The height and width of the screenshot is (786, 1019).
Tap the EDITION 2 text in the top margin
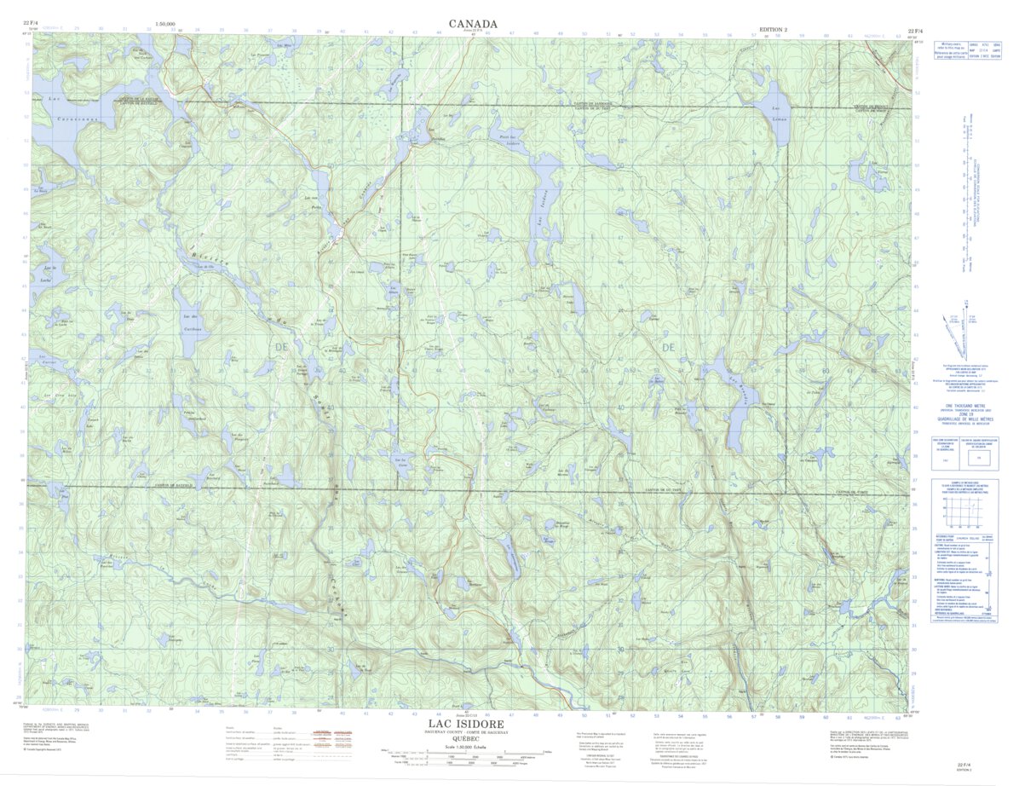(773, 30)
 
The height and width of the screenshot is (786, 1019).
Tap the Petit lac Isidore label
(509, 142)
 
